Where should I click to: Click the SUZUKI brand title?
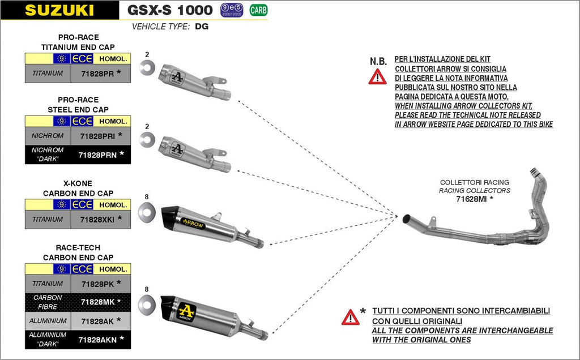tap(59, 10)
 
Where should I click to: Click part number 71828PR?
tap(97, 74)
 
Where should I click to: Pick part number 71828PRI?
tap(98, 136)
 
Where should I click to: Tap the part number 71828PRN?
tap(98, 154)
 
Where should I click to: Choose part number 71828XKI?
tap(98, 219)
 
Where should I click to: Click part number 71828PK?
tap(97, 284)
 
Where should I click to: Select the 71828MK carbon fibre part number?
tap(97, 302)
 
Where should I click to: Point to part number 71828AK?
tap(97, 321)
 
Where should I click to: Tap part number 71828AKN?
tap(98, 339)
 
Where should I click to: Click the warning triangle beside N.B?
tap(377, 76)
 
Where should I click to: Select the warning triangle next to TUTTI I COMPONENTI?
tap(350, 317)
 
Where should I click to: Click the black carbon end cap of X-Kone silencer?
tap(170, 215)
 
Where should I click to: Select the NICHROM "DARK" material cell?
tap(48, 154)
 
